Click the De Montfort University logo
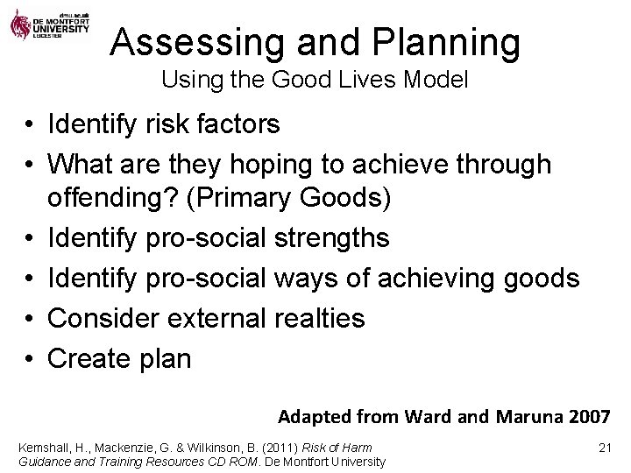pos(49,23)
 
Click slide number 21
pos(602,448)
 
